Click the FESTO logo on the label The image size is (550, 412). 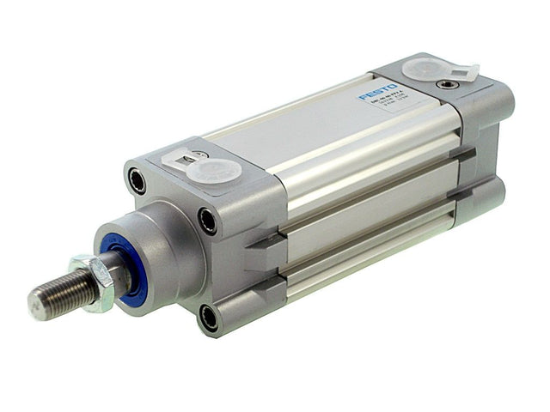point(377,92)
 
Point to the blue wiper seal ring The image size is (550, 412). point(121,266)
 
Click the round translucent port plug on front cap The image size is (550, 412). point(213,168)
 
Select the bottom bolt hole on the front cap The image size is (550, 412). point(209,318)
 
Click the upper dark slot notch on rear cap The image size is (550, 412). point(464,155)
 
